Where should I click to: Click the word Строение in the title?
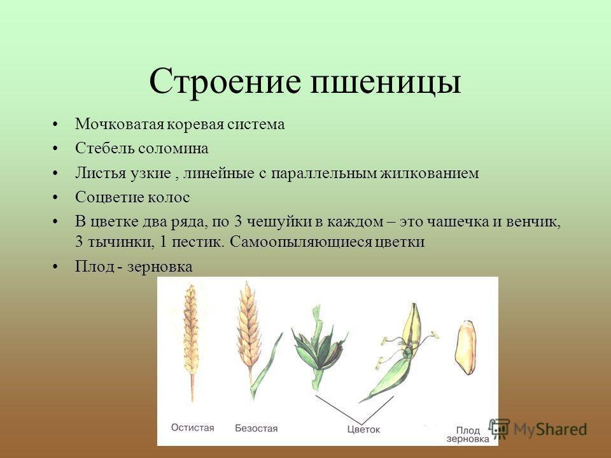(x=225, y=81)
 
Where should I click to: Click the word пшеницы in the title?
(x=386, y=83)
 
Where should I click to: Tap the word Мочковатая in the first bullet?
(x=120, y=124)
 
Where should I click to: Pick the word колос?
(x=169, y=197)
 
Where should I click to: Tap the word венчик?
(x=533, y=222)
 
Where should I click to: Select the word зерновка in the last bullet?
(x=160, y=267)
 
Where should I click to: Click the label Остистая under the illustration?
(x=192, y=427)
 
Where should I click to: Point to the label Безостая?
(x=256, y=428)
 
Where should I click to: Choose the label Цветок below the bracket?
(x=363, y=429)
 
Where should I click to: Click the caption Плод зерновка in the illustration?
(x=468, y=434)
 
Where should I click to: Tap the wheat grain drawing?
(x=465, y=347)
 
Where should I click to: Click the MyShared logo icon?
(x=499, y=428)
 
